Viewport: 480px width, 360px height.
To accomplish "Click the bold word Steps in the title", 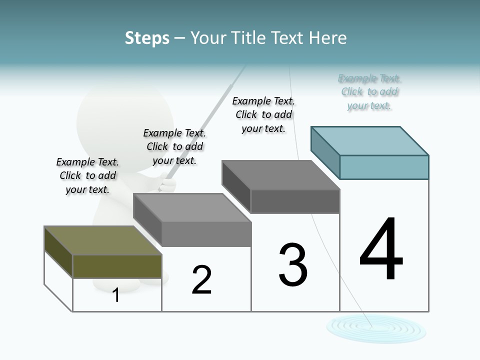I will point(147,38).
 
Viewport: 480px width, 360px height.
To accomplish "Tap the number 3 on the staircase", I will point(293,264).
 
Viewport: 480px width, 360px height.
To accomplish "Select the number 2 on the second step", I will point(201,279).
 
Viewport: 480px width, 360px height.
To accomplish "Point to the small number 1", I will point(116,295).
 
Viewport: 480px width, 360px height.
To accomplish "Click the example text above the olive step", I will point(87,175).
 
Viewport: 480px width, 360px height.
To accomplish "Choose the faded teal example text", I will point(369,92).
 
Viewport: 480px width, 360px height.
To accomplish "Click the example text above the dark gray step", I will point(263,114).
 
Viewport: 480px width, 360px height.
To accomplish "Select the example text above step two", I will point(174,146).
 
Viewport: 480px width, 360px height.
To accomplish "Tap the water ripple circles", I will point(376,328).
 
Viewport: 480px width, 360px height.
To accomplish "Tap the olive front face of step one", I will point(117,266).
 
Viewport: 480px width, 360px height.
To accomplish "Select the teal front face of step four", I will point(384,167).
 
